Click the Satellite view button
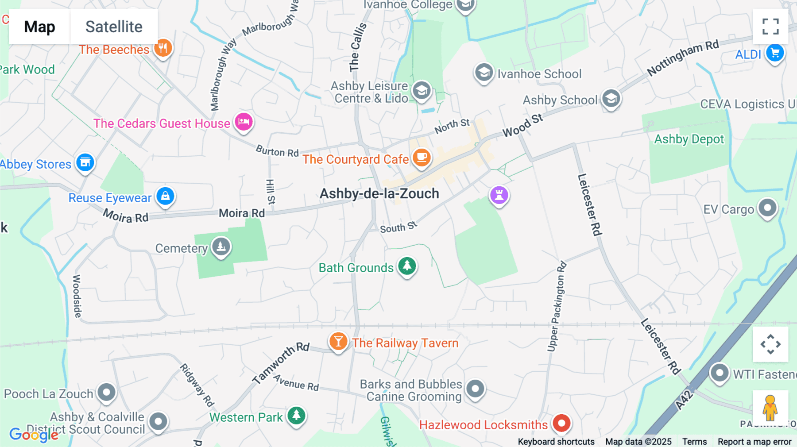[114, 27]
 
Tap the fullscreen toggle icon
[770, 27]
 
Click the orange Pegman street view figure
[770, 408]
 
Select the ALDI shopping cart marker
[775, 54]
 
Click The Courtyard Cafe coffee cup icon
[422, 157]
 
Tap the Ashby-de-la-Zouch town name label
[379, 193]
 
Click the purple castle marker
[499, 195]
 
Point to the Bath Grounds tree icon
[407, 266]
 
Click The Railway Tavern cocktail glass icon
[338, 342]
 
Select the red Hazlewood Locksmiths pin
[561, 423]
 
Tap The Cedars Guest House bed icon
[244, 122]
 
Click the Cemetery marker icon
[221, 246]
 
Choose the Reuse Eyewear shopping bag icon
[166, 196]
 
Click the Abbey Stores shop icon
[85, 162]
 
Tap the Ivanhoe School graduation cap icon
[484, 72]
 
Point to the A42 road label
[684, 400]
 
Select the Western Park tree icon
[296, 416]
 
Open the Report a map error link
[754, 441]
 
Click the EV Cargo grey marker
[767, 208]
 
